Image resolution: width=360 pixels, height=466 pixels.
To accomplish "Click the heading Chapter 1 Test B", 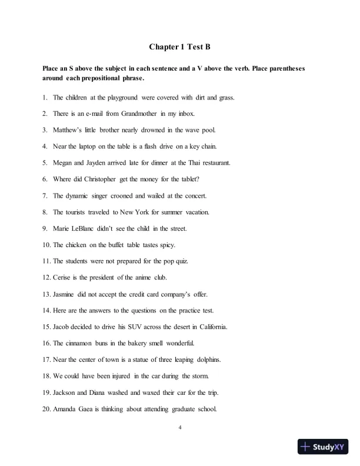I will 179,46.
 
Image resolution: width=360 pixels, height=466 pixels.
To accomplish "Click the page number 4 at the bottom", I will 180,428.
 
